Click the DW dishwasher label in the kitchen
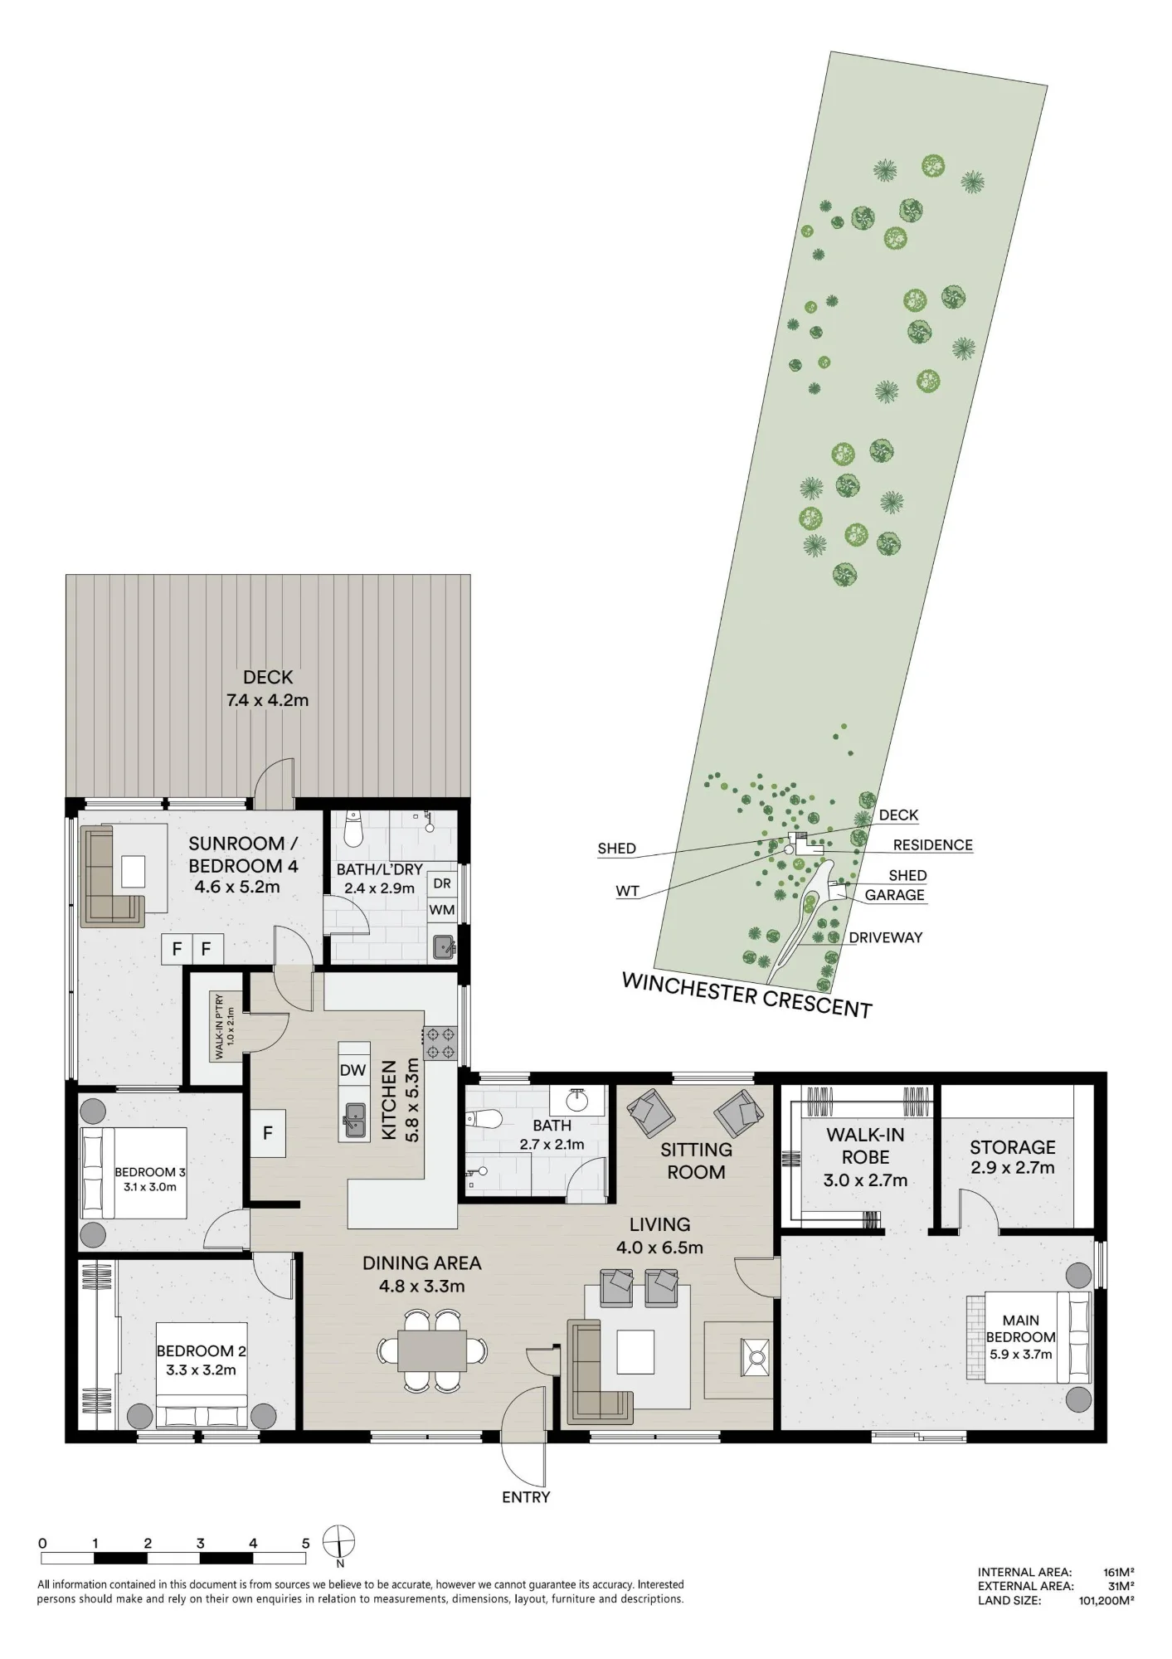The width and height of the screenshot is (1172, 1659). tap(353, 1070)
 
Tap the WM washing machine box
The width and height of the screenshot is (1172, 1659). tap(442, 909)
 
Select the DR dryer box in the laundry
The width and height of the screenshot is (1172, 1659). tap(442, 883)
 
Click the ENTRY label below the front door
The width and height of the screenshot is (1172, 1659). tap(526, 1497)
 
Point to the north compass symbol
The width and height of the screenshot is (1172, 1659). tap(339, 1543)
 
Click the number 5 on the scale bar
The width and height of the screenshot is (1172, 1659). tap(305, 1544)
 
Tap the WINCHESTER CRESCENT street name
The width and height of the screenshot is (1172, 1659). tap(746, 995)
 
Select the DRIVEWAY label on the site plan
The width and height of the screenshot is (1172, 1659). tap(885, 937)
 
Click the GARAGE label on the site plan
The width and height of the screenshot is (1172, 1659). tap(894, 895)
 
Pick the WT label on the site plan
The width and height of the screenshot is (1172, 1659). tap(627, 892)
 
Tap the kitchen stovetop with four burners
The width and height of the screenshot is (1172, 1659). tap(440, 1043)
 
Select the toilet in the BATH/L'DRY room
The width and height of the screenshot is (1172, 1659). tap(354, 829)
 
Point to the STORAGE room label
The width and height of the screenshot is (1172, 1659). tap(1013, 1147)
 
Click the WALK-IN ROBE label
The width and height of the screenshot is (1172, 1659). tap(865, 1146)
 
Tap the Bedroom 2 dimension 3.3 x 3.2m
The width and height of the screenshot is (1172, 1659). tap(201, 1370)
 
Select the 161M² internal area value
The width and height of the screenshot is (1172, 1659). tap(1119, 1572)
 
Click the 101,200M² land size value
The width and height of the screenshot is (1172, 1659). tap(1106, 1601)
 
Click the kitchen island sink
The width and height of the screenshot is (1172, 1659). tap(355, 1121)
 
